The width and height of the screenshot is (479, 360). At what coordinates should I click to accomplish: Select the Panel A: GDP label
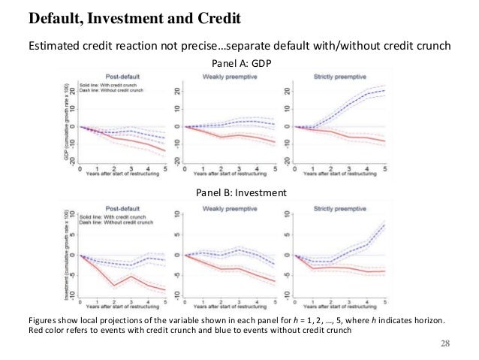coord(240,65)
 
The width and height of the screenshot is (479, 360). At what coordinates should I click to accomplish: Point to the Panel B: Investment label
coord(240,193)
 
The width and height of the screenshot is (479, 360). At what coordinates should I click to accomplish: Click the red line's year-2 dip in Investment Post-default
coord(114,286)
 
